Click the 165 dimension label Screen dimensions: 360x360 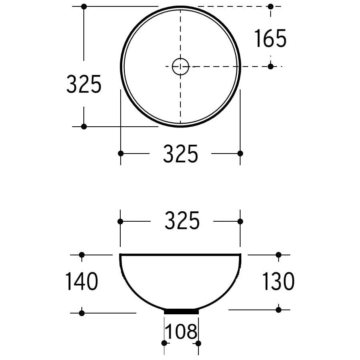pyautogui.click(x=271, y=38)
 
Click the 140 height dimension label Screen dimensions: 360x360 pyautogui.click(x=82, y=281)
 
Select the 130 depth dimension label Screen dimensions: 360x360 pyautogui.click(x=278, y=281)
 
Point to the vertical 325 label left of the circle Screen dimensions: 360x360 pyautogui.click(x=84, y=84)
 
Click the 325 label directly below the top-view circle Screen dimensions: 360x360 pyautogui.click(x=180, y=154)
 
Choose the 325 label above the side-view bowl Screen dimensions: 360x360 pyautogui.click(x=182, y=221)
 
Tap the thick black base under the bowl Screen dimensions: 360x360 pyautogui.click(x=181, y=312)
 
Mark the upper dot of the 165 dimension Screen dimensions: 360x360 pyautogui.click(x=271, y=6)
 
